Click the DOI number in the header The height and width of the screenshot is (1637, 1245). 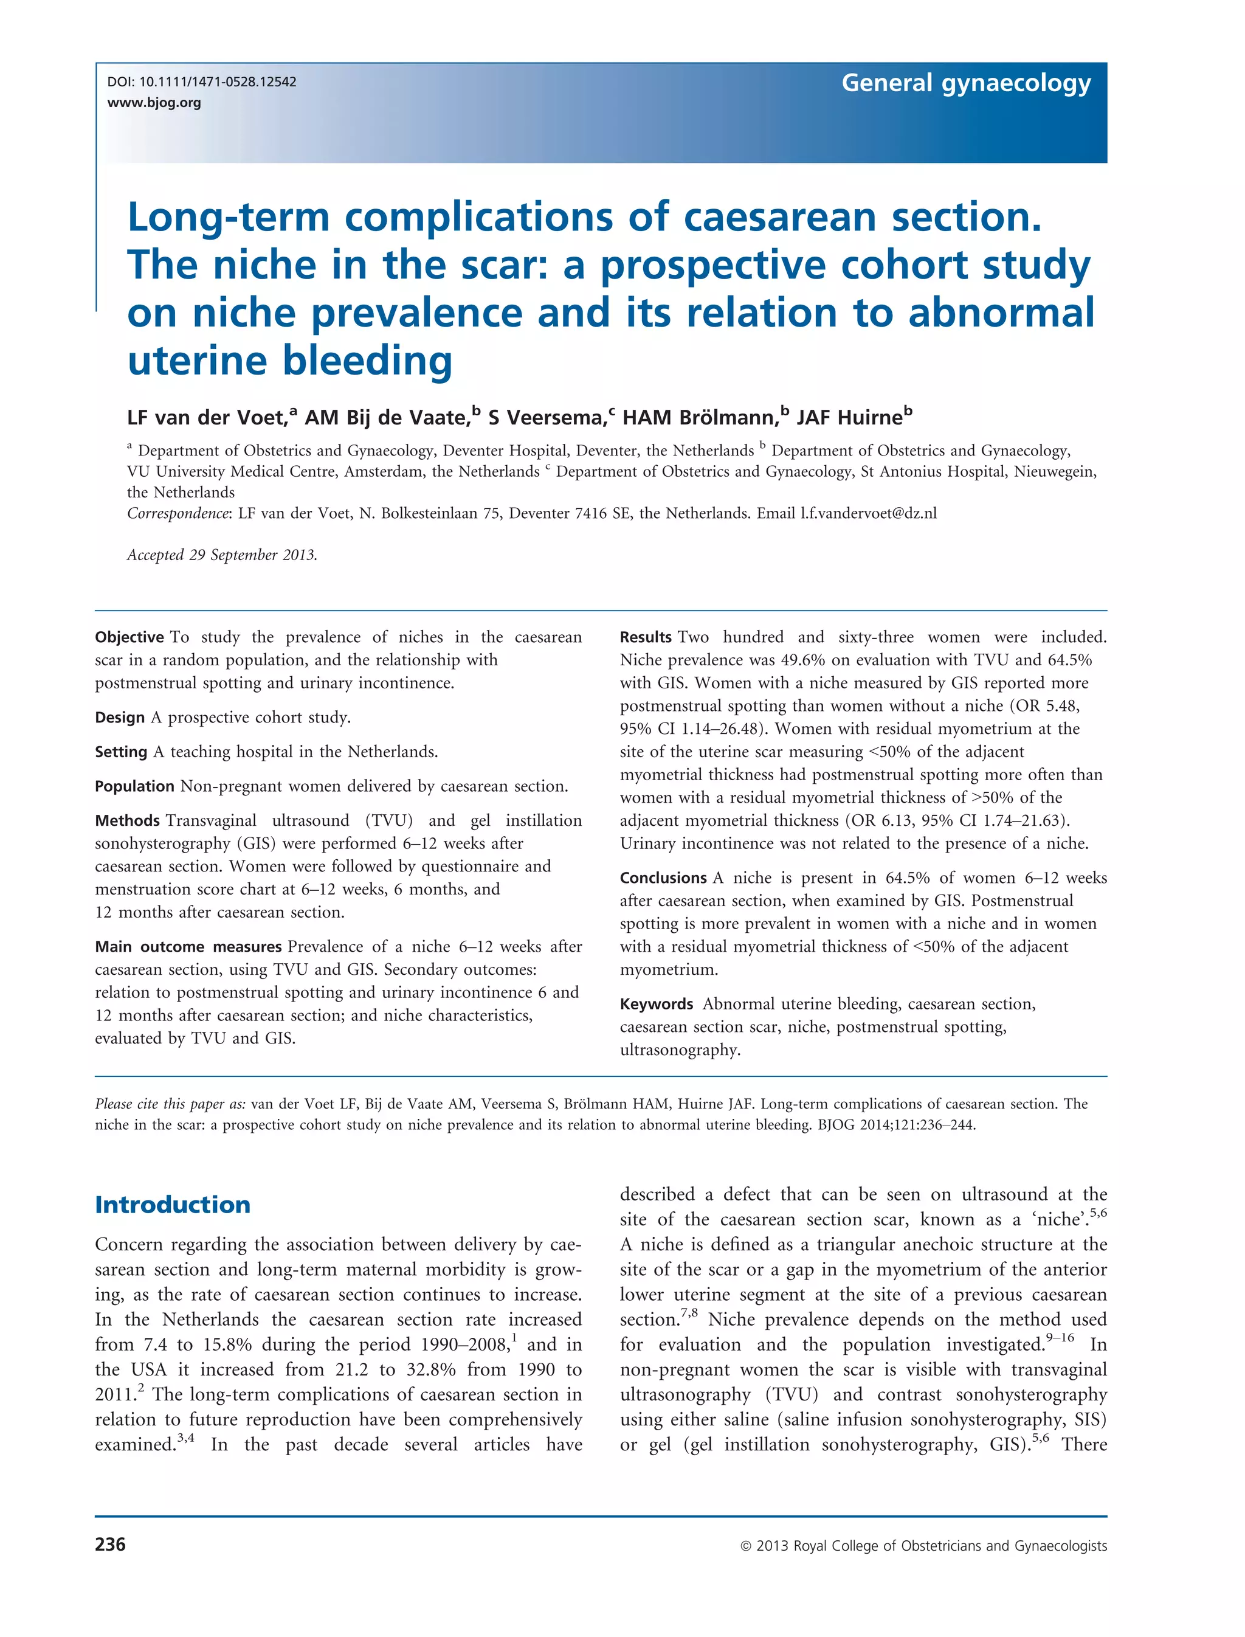pyautogui.click(x=217, y=81)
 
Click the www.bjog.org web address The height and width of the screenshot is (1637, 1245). pyautogui.click(x=154, y=102)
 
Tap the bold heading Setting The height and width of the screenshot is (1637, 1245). pyautogui.click(x=121, y=752)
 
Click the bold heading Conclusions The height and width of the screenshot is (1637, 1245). pyautogui.click(x=663, y=878)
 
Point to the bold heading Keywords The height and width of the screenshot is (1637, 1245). pyautogui.click(x=656, y=1004)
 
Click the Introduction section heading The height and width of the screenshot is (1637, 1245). pyautogui.click(x=173, y=1205)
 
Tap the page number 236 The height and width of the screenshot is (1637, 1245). pyautogui.click(x=111, y=1545)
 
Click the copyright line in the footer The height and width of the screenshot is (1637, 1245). pyautogui.click(x=923, y=1546)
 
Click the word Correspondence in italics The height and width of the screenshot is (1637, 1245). pyautogui.click(x=179, y=513)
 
